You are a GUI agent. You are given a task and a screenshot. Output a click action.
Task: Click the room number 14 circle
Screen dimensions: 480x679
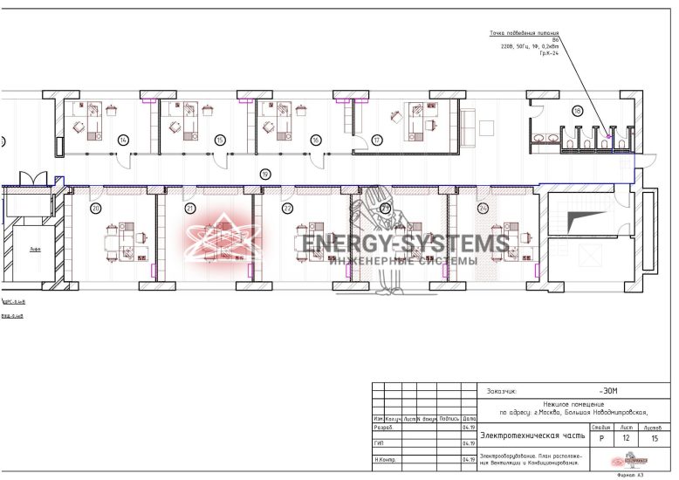tap(123, 140)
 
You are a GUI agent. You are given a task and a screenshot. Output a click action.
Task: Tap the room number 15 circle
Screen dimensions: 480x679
tap(220, 140)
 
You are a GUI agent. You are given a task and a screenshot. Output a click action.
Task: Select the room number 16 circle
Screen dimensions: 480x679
tap(315, 140)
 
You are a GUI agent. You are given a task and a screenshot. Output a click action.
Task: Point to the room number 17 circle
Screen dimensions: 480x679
tap(377, 140)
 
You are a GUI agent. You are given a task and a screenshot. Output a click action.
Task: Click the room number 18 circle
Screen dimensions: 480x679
tap(577, 111)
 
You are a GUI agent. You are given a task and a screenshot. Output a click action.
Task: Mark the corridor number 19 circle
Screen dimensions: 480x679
tap(265, 175)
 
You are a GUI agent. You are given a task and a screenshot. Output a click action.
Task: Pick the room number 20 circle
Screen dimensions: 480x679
tap(96, 208)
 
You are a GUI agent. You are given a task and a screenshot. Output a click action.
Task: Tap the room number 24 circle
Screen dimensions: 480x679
tap(483, 208)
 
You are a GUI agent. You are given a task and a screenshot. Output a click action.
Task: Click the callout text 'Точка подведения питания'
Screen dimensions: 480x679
tap(524, 34)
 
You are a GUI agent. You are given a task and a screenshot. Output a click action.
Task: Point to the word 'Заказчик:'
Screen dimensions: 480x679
tap(503, 392)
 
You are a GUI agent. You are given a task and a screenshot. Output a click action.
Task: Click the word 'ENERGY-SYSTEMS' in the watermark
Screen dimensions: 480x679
tap(406, 243)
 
